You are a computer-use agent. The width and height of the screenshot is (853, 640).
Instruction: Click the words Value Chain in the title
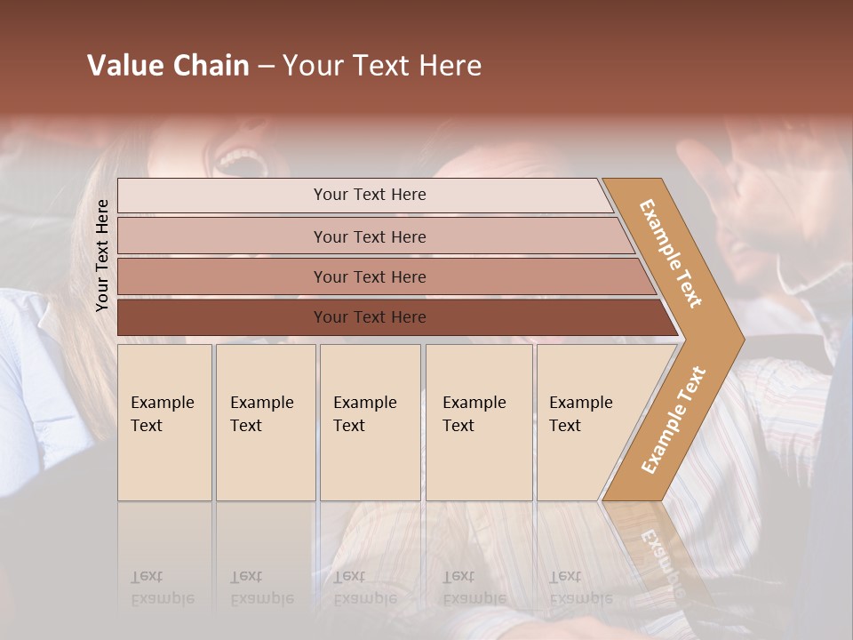coord(168,66)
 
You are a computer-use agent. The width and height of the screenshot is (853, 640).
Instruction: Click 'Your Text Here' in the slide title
coord(382,66)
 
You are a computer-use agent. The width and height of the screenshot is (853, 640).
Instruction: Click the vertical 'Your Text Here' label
coord(102,256)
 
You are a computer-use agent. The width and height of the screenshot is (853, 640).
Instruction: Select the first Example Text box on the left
coord(164,422)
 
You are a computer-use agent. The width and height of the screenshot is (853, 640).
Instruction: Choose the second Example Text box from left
coord(265,422)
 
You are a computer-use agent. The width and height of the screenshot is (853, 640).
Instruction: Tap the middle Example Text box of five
coord(370,422)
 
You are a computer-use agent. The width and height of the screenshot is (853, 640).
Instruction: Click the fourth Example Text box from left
coord(478,422)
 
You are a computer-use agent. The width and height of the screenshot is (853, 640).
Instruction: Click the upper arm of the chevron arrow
coord(670,253)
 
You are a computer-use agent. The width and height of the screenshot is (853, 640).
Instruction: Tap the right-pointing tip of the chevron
coord(733,339)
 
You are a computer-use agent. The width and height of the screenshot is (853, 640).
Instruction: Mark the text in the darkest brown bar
coord(370,317)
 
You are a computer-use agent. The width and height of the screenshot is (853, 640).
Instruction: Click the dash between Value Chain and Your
coord(266,67)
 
